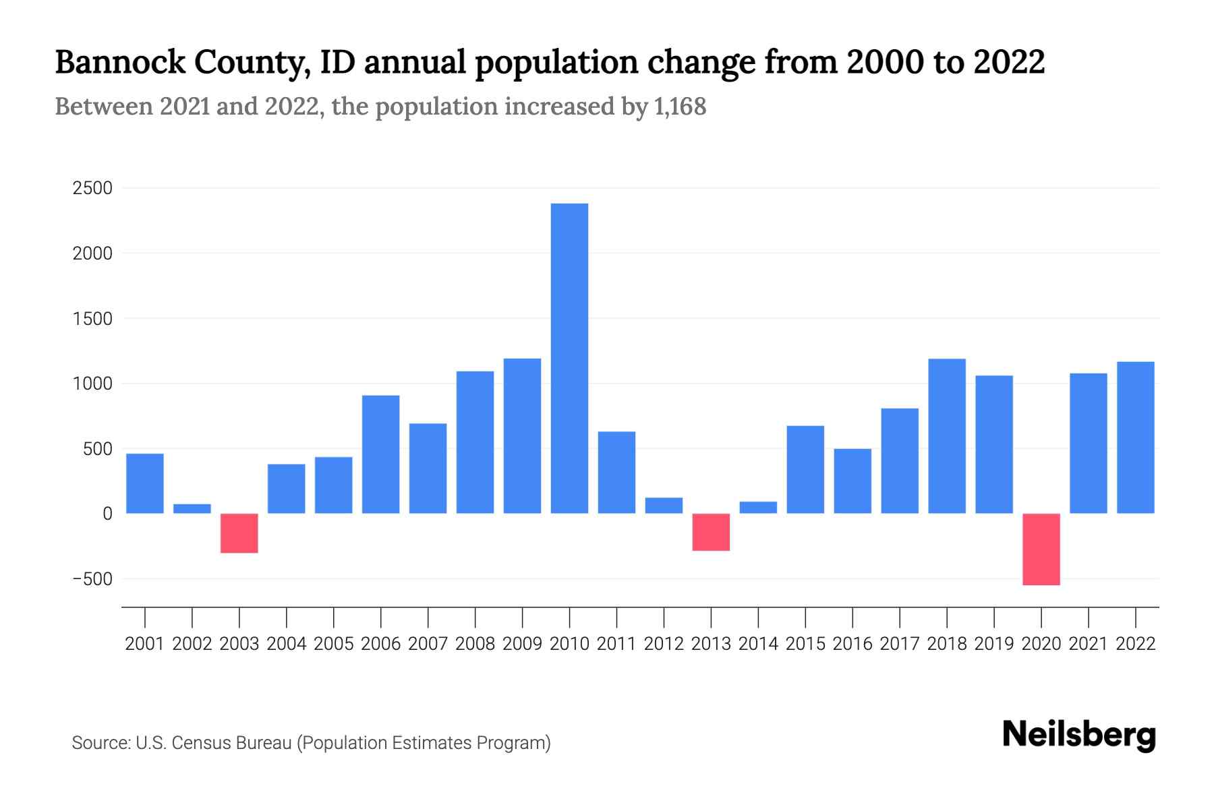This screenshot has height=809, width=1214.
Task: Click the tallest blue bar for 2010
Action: coord(569,358)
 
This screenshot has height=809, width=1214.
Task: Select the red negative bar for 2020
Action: coord(1041,549)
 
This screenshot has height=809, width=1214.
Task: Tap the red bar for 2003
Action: coord(239,533)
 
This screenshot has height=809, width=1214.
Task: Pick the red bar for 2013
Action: coord(711,532)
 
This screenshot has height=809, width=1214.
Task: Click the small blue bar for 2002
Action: coord(192,508)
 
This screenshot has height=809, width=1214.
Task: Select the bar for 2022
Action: coord(1135,438)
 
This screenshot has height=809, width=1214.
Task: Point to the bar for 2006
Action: coord(380,454)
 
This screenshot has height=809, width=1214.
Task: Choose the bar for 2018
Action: coord(946,436)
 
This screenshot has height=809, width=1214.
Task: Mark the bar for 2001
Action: coord(145,483)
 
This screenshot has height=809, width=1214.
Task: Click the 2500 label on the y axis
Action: coord(92,188)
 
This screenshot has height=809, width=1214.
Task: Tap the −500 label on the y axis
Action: coord(92,579)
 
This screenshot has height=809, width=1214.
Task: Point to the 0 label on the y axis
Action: coord(107,514)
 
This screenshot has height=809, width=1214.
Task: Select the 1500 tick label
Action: coord(92,318)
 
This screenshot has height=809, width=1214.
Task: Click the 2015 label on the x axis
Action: coord(805,644)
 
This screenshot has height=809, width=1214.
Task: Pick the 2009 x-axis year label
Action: coord(522,644)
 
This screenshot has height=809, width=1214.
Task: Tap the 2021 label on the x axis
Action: coord(1088,644)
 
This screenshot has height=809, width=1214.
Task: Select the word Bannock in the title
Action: coord(120,62)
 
